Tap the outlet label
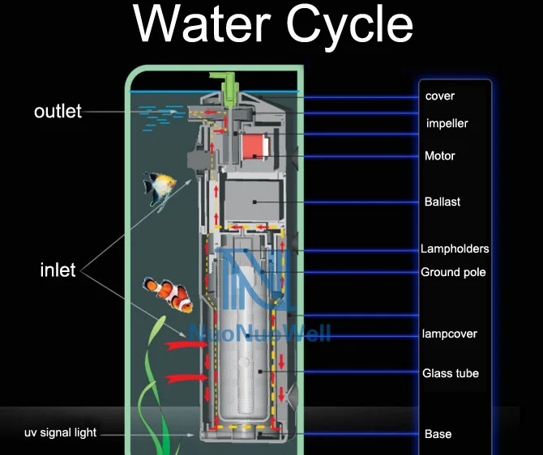click(58, 111)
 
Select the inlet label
click(58, 270)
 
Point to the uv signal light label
click(60, 433)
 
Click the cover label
click(440, 96)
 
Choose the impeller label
click(447, 124)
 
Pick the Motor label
click(440, 155)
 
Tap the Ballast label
click(442, 201)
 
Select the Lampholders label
click(455, 249)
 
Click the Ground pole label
click(453, 272)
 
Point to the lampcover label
click(450, 334)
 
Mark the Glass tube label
click(451, 373)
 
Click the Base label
click(438, 434)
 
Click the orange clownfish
click(169, 294)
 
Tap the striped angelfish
click(160, 189)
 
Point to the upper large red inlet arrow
click(185, 347)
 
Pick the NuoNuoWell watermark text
click(259, 332)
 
